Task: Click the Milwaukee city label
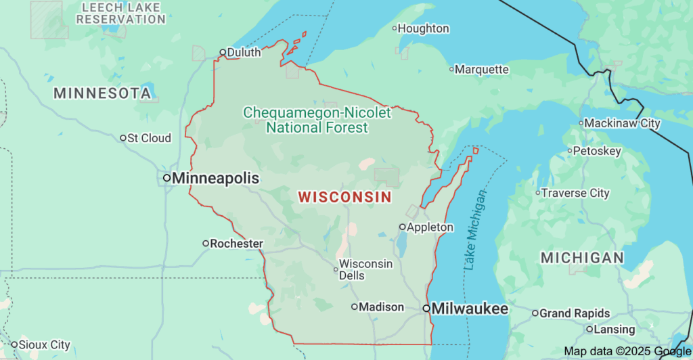point(470,309)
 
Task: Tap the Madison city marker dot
point(354,307)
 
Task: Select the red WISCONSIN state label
point(344,197)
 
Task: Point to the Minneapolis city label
point(215,178)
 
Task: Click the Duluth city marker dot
point(223,52)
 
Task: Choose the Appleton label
point(430,227)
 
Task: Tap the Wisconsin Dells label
point(365,269)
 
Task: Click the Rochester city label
point(236,243)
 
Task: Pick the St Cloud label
point(150,138)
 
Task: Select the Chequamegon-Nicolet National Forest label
point(317,120)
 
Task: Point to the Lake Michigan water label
point(475,230)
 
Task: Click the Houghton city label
point(423,28)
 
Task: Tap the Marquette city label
point(481,69)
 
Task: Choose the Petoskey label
point(597,151)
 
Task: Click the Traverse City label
point(575,193)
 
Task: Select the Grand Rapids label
point(575,313)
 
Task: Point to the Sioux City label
point(44,344)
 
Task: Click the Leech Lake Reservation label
point(120,14)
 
